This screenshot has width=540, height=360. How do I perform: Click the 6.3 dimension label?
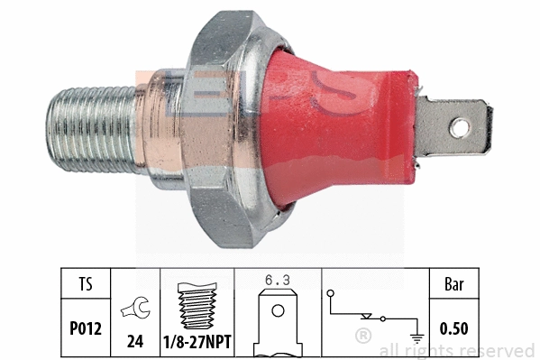275,280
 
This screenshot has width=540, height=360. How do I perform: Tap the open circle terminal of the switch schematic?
331,292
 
